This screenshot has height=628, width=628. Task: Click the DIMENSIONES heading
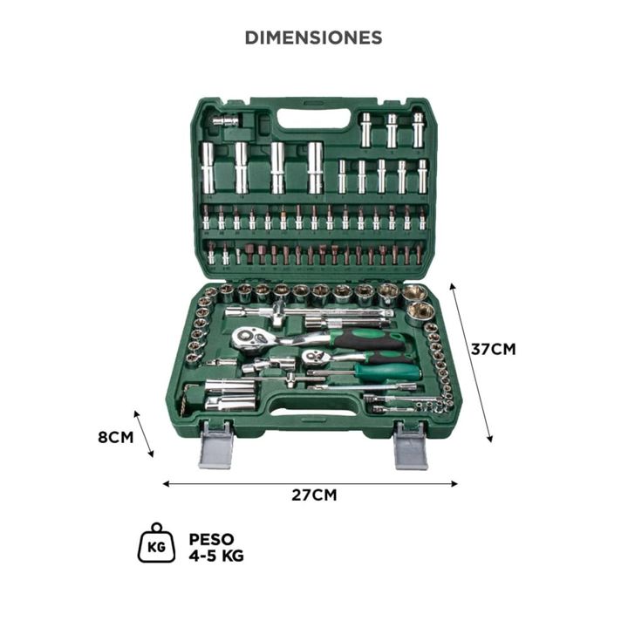pyautogui.click(x=314, y=38)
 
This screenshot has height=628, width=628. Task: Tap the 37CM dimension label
pyautogui.click(x=493, y=349)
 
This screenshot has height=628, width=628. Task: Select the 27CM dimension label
pyautogui.click(x=314, y=495)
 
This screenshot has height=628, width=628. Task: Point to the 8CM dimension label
pyautogui.click(x=116, y=437)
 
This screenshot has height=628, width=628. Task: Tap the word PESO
pyautogui.click(x=211, y=539)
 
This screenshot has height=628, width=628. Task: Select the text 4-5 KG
pyautogui.click(x=216, y=556)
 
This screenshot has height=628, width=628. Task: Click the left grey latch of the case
pyautogui.click(x=216, y=445)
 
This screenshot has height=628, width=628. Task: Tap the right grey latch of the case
pyautogui.click(x=411, y=445)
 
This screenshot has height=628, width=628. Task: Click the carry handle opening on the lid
pyautogui.click(x=313, y=119)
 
